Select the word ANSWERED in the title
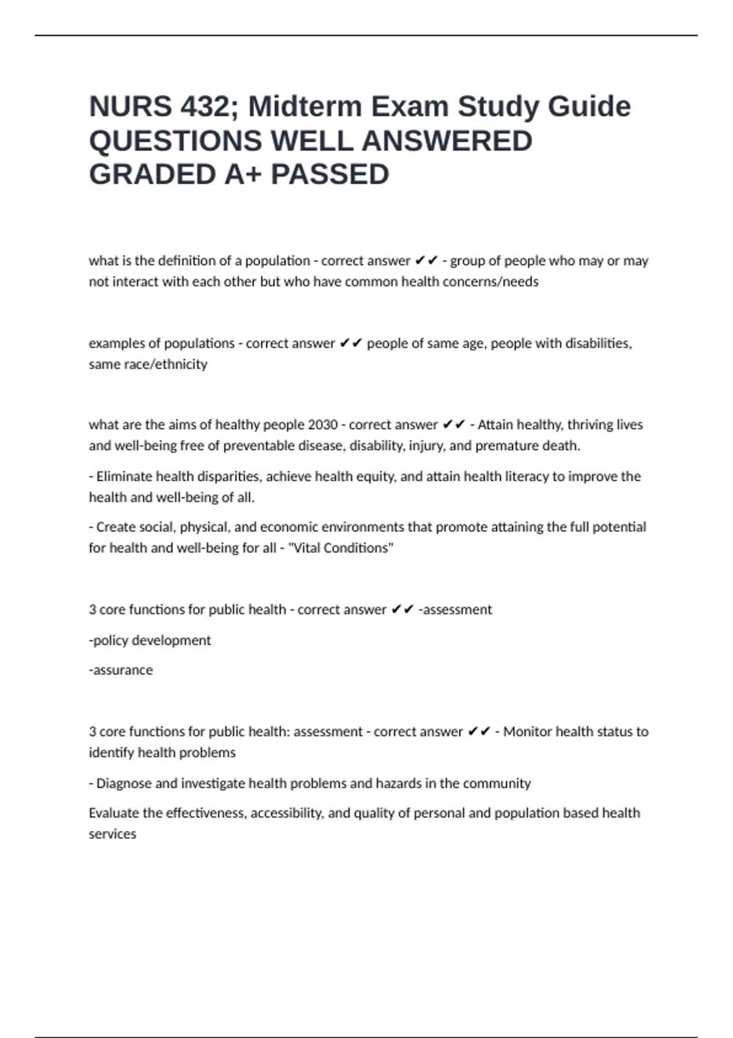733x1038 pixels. tap(447, 141)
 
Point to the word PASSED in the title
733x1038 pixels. tap(330, 175)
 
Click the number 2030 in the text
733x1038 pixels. tap(323, 424)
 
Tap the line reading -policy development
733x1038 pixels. tap(150, 640)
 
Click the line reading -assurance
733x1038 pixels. tap(121, 670)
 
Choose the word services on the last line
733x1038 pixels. tap(112, 833)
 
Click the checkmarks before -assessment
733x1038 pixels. tap(403, 609)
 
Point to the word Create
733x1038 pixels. tap(116, 526)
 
